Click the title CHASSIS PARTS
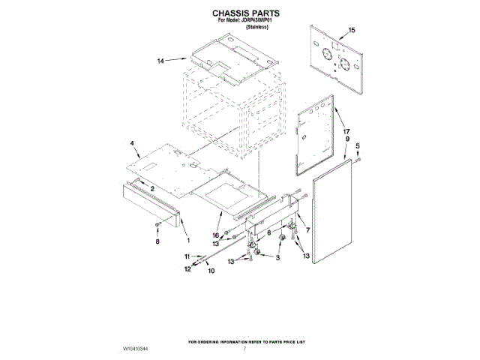click(240, 13)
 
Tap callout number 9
click(347, 139)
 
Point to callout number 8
click(157, 241)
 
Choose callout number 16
click(216, 235)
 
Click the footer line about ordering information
click(247, 341)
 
